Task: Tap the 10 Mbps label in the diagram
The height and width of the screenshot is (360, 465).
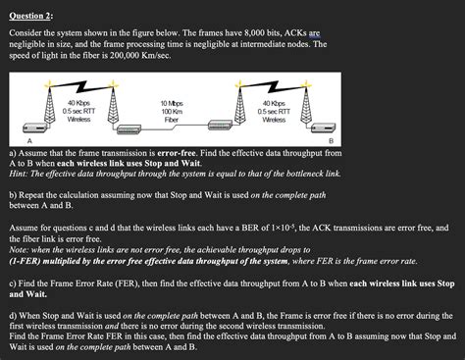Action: tap(174, 102)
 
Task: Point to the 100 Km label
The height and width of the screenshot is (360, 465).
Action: tap(174, 111)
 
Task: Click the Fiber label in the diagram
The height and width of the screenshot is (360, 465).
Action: tap(174, 120)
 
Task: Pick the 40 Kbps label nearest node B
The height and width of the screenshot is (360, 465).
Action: tap(274, 102)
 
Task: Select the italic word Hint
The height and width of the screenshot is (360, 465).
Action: tap(19, 175)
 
